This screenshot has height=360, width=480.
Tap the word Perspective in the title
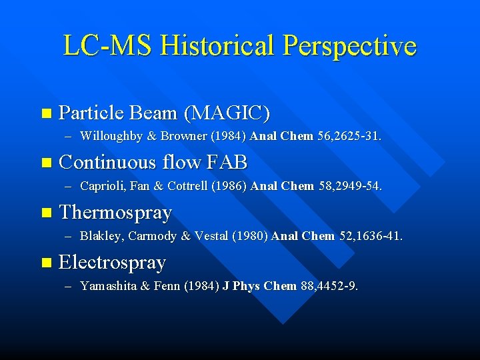349,45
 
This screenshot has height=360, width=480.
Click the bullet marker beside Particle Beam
45,113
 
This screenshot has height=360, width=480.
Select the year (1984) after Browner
228,137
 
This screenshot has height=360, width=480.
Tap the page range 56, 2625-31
350,137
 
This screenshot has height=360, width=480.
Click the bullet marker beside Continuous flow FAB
45,163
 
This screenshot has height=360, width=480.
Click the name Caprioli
101,186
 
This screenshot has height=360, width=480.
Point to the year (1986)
229,186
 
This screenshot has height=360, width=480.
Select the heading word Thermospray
115,213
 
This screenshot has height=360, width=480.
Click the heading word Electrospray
112,263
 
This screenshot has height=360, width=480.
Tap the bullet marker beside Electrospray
45,263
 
